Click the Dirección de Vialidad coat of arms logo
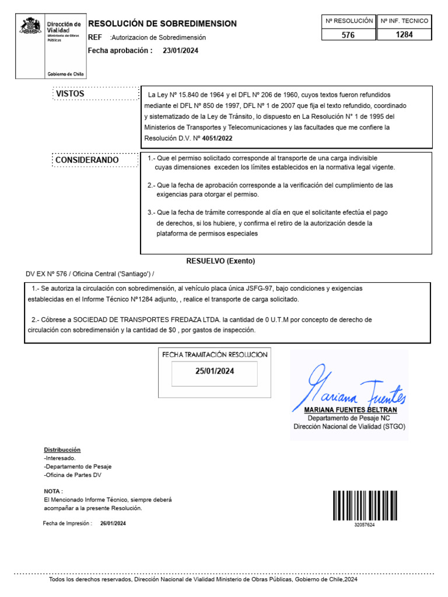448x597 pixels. (30, 27)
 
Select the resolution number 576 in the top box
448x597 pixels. (348, 35)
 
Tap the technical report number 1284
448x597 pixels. (404, 35)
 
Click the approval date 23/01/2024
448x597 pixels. (180, 50)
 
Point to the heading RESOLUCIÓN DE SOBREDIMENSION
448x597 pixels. (162, 24)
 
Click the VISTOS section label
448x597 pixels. (70, 94)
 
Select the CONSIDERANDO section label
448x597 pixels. (87, 160)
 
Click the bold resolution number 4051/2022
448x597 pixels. (221, 139)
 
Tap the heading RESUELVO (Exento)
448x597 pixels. (220, 261)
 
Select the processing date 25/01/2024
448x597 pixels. (214, 371)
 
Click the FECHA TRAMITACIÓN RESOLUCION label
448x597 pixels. (215, 354)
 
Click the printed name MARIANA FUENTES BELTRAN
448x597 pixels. (351, 410)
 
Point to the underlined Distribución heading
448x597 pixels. (62, 450)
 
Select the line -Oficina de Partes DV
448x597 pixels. (72, 475)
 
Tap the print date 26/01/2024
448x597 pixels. (113, 524)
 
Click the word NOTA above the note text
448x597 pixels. (53, 491)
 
